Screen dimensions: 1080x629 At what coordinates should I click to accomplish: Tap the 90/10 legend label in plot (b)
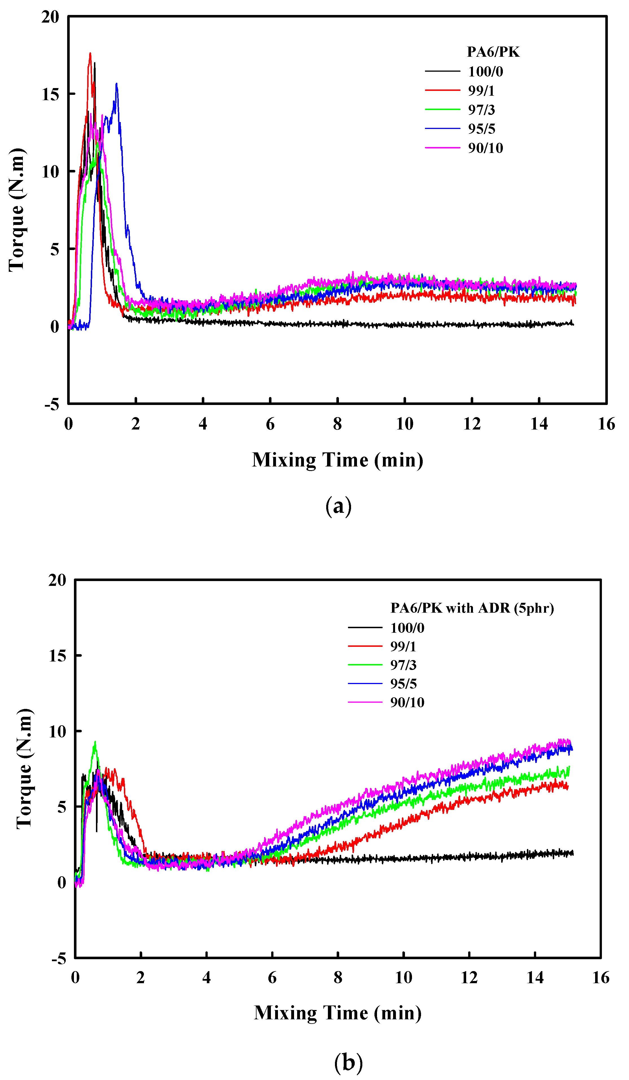click(x=407, y=702)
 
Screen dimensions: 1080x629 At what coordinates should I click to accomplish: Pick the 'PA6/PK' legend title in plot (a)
click(x=493, y=52)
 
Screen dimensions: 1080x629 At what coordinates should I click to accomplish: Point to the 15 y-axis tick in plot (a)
click(x=50, y=94)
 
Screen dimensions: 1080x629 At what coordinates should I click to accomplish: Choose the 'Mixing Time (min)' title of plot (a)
click(x=337, y=460)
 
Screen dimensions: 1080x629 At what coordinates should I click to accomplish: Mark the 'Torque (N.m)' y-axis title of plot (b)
click(x=24, y=768)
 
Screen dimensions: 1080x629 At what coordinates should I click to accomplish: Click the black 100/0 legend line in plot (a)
click(x=442, y=71)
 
